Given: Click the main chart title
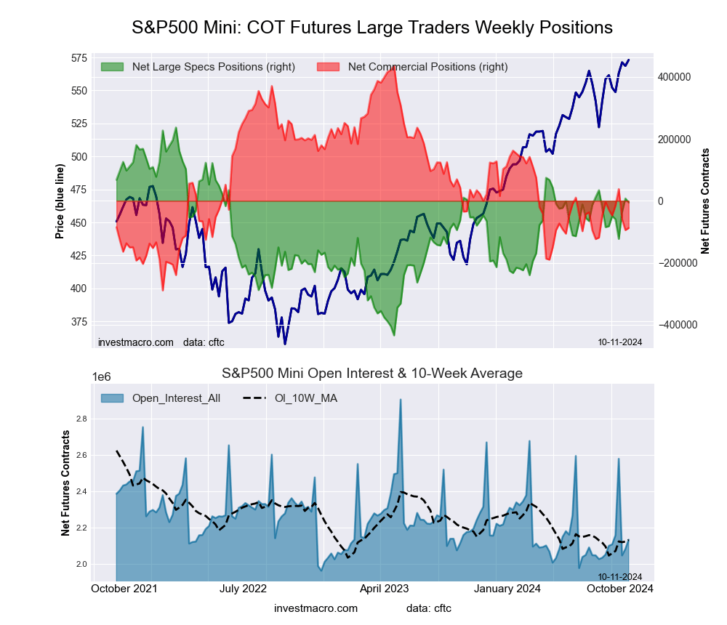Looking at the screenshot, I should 372,28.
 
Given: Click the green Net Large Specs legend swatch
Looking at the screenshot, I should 112,67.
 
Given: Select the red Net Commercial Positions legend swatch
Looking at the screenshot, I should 329,67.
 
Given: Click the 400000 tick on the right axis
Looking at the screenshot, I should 673,77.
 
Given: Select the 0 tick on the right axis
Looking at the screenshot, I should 662,201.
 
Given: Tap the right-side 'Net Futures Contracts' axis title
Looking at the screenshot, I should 704,201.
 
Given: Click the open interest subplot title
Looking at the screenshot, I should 372,374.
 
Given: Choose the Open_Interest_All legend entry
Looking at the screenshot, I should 177,398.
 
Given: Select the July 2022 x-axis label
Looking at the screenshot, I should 243,588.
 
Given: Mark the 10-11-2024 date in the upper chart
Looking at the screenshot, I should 619,342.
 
